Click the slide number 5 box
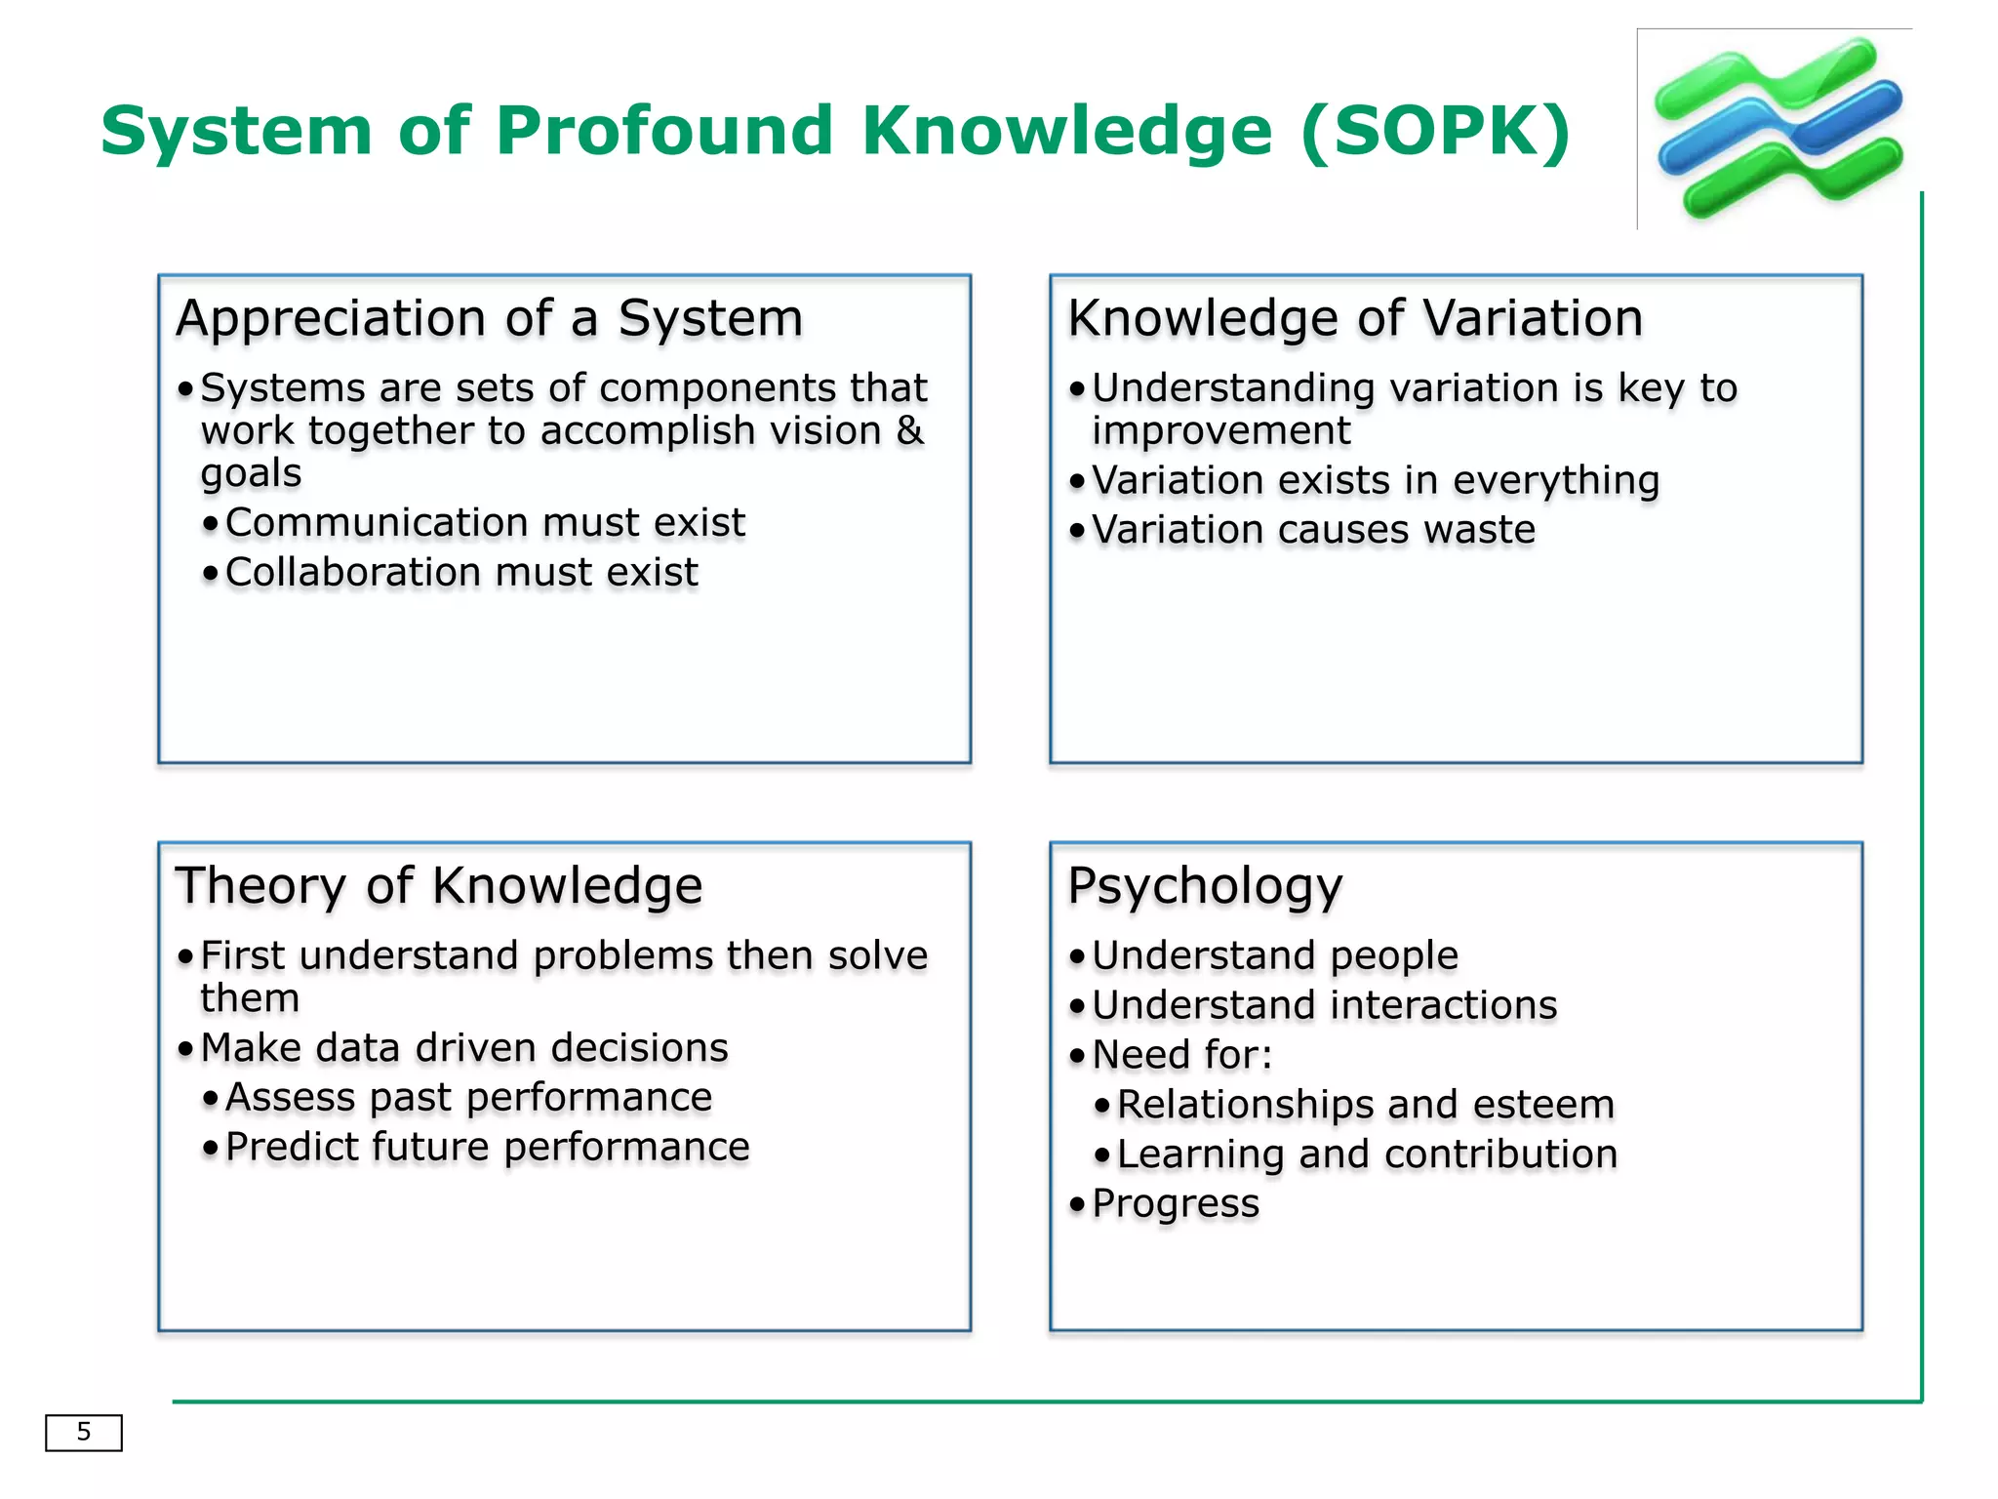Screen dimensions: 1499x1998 [x=84, y=1432]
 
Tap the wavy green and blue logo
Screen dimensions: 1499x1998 [x=1778, y=128]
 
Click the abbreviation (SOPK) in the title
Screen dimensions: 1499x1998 [x=1435, y=131]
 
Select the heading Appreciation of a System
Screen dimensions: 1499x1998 [x=489, y=318]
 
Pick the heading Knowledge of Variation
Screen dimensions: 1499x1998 [x=1355, y=318]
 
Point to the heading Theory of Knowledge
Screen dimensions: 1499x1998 [x=438, y=885]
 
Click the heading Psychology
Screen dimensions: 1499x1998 [x=1205, y=886]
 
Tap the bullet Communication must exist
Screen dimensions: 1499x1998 [x=485, y=523]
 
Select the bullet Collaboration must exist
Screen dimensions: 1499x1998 [x=461, y=573]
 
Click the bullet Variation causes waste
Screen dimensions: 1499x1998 [x=1313, y=530]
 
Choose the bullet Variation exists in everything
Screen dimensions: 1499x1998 [x=1375, y=480]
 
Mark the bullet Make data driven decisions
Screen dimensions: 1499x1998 [x=464, y=1048]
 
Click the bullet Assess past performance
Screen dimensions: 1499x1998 [x=468, y=1098]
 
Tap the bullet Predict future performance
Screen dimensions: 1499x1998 [x=487, y=1148]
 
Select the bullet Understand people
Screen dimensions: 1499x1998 [x=1274, y=955]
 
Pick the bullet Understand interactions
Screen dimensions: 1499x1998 [x=1324, y=1005]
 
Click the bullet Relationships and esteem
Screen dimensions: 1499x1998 [x=1365, y=1105]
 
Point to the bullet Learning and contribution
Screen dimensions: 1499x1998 [x=1367, y=1155]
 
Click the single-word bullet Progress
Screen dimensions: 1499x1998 [x=1176, y=1204]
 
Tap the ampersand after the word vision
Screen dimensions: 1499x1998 [x=909, y=430]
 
